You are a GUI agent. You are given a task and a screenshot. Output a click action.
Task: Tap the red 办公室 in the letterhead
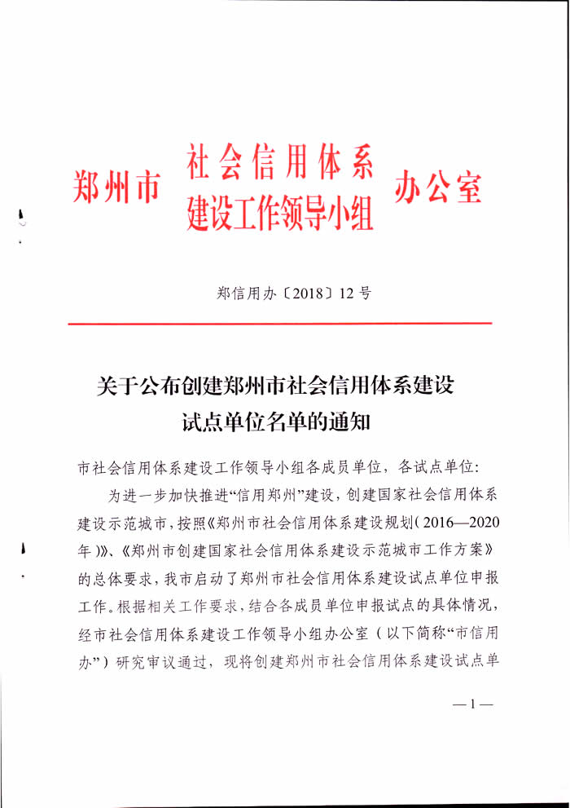(438, 187)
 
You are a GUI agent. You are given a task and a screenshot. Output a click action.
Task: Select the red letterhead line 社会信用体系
(279, 163)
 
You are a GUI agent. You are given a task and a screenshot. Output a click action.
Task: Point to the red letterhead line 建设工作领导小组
(279, 211)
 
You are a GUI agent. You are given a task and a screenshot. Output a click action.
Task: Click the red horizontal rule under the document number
(279, 324)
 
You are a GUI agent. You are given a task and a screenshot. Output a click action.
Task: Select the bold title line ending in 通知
(277, 422)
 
